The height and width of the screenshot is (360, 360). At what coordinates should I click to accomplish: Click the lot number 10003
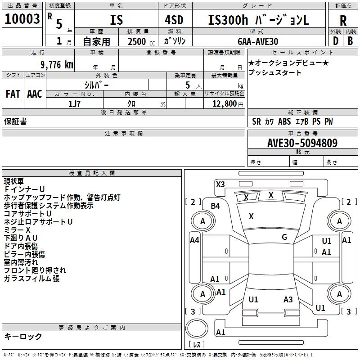tap(22, 19)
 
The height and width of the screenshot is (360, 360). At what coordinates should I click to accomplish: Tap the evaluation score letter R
tap(343, 20)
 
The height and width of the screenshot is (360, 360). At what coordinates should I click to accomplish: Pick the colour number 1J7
tap(75, 104)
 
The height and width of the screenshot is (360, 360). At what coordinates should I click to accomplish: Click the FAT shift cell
tap(13, 94)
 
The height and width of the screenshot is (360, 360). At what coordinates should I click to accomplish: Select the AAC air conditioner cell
tap(35, 94)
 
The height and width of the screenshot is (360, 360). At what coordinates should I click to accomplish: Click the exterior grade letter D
tap(335, 41)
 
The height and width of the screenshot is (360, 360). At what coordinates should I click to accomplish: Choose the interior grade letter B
tap(350, 41)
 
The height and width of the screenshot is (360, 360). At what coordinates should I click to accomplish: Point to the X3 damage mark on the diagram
tap(220, 184)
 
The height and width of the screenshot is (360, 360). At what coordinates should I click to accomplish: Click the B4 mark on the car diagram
tap(216, 206)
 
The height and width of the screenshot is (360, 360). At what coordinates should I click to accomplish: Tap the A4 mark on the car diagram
tap(194, 240)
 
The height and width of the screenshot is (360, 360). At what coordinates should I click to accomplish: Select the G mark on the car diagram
tap(284, 237)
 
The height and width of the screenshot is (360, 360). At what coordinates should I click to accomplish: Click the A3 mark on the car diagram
tap(288, 300)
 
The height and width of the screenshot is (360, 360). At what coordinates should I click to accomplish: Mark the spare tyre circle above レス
tap(197, 329)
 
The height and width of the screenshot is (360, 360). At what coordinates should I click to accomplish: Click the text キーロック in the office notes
tap(23, 337)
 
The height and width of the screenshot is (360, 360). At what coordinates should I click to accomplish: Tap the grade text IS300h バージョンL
tap(258, 20)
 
